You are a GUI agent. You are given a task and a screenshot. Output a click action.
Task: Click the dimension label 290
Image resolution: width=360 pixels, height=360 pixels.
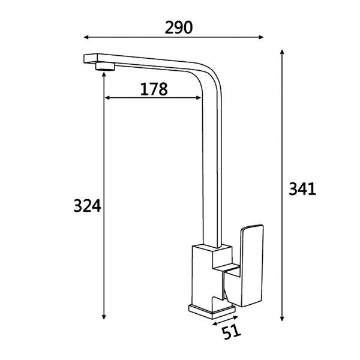click(179, 28)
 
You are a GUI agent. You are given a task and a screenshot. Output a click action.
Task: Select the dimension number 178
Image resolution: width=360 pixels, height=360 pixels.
click(154, 89)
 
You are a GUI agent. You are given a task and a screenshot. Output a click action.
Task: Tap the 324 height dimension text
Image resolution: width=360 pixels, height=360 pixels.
click(87, 205)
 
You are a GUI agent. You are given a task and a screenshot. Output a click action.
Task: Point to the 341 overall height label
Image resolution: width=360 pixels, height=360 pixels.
click(302, 189)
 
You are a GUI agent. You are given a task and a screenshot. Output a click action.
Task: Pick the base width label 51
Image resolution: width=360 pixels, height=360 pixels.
click(231, 332)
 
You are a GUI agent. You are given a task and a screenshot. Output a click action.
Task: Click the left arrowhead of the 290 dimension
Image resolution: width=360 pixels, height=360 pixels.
click(86, 37)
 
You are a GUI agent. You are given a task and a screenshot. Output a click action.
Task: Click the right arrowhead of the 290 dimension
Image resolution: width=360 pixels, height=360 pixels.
click(261, 37)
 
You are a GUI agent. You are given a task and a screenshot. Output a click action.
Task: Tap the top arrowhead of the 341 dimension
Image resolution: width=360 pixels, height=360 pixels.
click(282, 52)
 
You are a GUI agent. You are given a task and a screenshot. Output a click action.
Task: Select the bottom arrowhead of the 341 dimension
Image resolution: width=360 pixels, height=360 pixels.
click(282, 319)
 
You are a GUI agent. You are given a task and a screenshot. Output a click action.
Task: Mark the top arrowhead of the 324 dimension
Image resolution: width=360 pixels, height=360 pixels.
click(104, 74)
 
